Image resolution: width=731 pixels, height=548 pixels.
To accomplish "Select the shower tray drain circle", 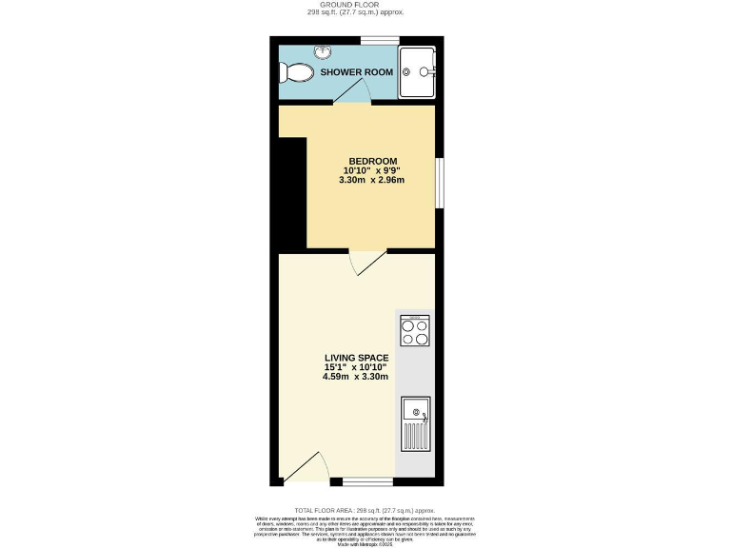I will pyautogui.click(x=424, y=71).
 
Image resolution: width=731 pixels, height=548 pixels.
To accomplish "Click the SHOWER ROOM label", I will pyautogui.click(x=355, y=72).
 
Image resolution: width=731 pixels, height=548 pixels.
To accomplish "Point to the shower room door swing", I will pyautogui.click(x=355, y=91).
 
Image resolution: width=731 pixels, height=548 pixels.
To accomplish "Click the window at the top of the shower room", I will pyautogui.click(x=378, y=40).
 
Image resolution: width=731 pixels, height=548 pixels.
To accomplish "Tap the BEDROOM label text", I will pyautogui.click(x=372, y=161).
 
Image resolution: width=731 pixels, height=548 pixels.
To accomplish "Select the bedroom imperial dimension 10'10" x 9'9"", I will pyautogui.click(x=372, y=170).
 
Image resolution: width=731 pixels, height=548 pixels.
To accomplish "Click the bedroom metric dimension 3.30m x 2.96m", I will pyautogui.click(x=372, y=181).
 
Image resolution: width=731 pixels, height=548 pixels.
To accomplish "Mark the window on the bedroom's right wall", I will pyautogui.click(x=439, y=181).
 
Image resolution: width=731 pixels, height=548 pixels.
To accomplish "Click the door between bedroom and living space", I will pyautogui.click(x=367, y=262).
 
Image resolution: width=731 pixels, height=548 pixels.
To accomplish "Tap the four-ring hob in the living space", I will pyautogui.click(x=414, y=330).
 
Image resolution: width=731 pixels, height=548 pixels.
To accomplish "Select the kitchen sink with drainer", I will pyautogui.click(x=415, y=423).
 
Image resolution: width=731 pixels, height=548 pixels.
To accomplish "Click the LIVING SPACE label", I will pyautogui.click(x=355, y=357).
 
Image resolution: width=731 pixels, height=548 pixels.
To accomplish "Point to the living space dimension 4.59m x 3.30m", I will pyautogui.click(x=355, y=377).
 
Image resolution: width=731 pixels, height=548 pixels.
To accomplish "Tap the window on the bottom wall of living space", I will pyautogui.click(x=367, y=480).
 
